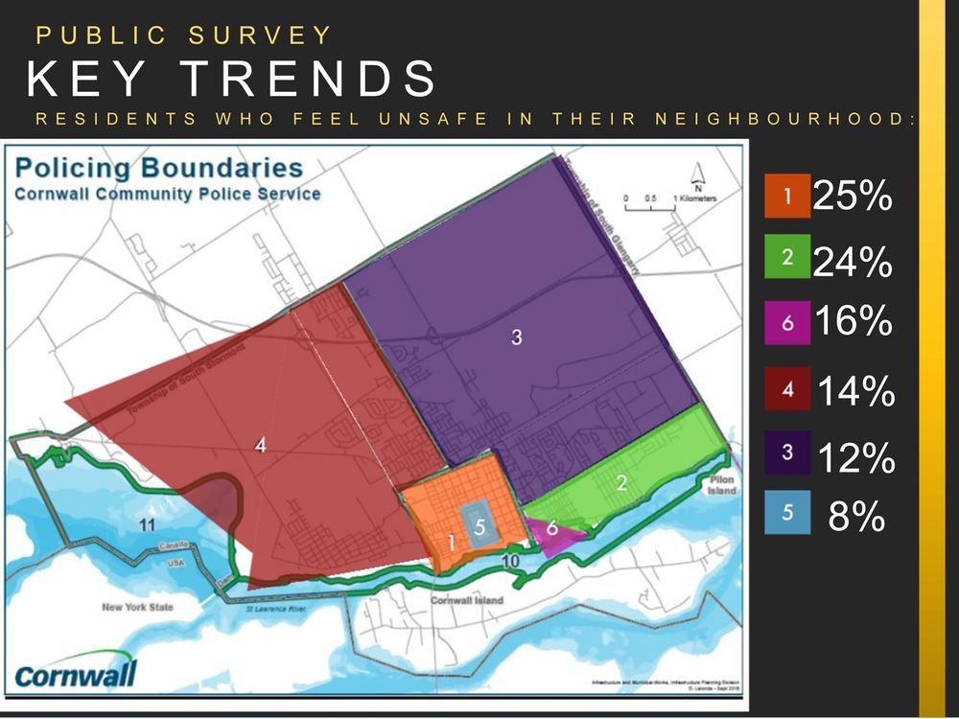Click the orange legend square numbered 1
(786, 197)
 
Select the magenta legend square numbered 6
(786, 323)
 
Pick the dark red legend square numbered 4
(786, 389)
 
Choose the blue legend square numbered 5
(786, 513)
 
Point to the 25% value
(853, 197)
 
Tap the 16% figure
(853, 322)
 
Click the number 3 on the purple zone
(516, 337)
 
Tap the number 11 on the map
(146, 524)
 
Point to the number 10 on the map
(510, 560)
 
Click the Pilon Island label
(723, 484)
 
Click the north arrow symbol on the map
(697, 176)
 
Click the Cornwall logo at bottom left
(77, 673)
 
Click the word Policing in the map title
(74, 168)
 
